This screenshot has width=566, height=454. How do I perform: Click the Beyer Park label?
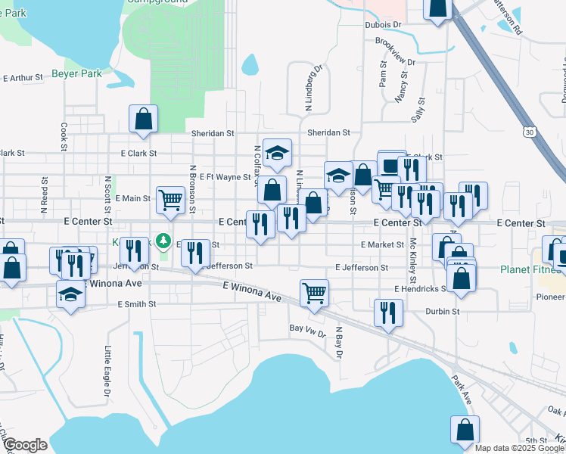76,73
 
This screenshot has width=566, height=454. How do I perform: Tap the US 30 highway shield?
530,132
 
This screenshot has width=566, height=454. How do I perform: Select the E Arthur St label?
23,77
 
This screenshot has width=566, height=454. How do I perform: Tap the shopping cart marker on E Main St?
171,201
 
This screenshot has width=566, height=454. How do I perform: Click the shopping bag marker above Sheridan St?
143,119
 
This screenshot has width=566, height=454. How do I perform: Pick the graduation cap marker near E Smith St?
70,294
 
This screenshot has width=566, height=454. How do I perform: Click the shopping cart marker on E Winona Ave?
314,292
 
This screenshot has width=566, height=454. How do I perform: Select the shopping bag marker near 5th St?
465,430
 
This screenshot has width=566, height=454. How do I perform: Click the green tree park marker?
160,241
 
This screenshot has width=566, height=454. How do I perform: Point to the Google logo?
25,445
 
